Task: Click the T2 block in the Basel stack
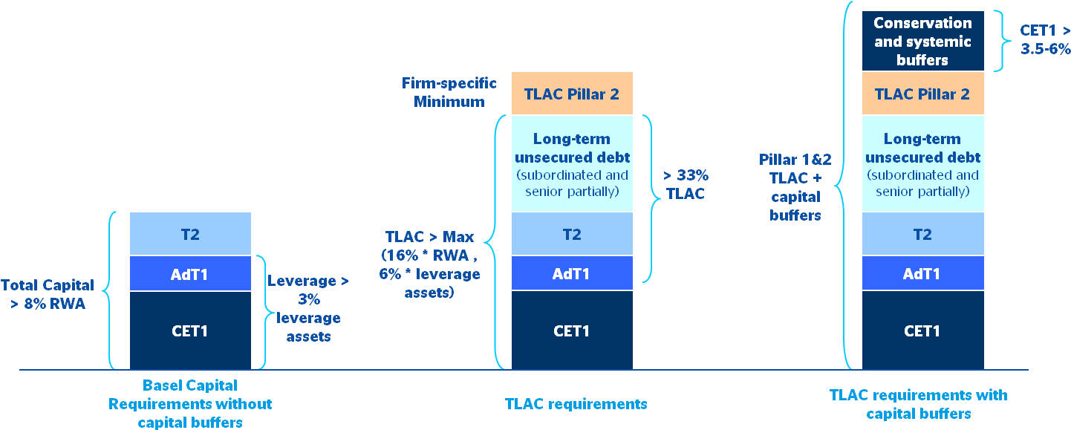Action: tap(190, 234)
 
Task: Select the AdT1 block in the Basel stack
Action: tap(190, 274)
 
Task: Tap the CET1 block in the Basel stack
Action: tap(190, 330)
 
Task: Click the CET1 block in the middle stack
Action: tap(572, 330)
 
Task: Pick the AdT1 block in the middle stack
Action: tap(572, 274)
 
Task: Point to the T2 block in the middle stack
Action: tap(572, 234)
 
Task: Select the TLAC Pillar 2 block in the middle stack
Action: tap(572, 94)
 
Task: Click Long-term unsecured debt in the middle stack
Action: tap(572, 164)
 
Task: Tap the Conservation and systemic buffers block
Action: tap(922, 42)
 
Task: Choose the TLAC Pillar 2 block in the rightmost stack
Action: tap(922, 94)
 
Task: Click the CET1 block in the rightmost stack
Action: tap(922, 330)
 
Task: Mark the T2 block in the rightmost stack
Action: tap(922, 234)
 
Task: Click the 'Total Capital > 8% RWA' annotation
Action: tap(48, 293)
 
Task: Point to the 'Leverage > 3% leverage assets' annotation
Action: tap(308, 308)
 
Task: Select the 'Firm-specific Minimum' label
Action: tap(449, 92)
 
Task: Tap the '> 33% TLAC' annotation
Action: tap(686, 184)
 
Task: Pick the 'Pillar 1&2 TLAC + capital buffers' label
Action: tap(795, 187)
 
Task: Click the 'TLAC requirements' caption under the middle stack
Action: tap(576, 404)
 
